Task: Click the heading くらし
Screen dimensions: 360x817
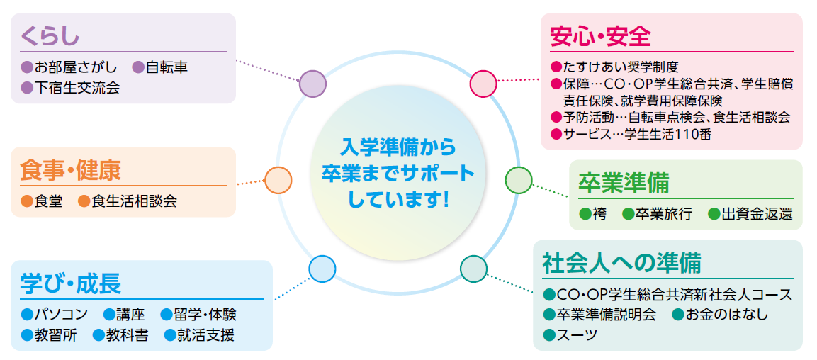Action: coord(50,35)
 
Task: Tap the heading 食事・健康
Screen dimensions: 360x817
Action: coord(71,170)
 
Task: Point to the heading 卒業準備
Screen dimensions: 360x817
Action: coord(624,183)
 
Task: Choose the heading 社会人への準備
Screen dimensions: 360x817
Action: coord(621,262)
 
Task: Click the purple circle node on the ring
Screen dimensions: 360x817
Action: coord(312,84)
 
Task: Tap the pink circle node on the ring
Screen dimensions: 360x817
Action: coord(483,84)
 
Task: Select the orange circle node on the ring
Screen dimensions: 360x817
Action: coord(278,180)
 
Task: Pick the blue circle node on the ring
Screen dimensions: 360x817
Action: coord(322,268)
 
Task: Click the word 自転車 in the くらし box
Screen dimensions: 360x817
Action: coord(167,68)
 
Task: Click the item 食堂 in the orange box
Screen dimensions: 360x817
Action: coord(49,201)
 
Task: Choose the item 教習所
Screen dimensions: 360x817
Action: coord(55,334)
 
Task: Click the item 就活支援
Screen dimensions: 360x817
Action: coord(205,334)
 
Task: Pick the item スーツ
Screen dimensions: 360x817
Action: coord(577,334)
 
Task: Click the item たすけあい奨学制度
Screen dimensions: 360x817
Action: coord(621,67)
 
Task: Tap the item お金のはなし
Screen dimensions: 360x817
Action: coord(726,314)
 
